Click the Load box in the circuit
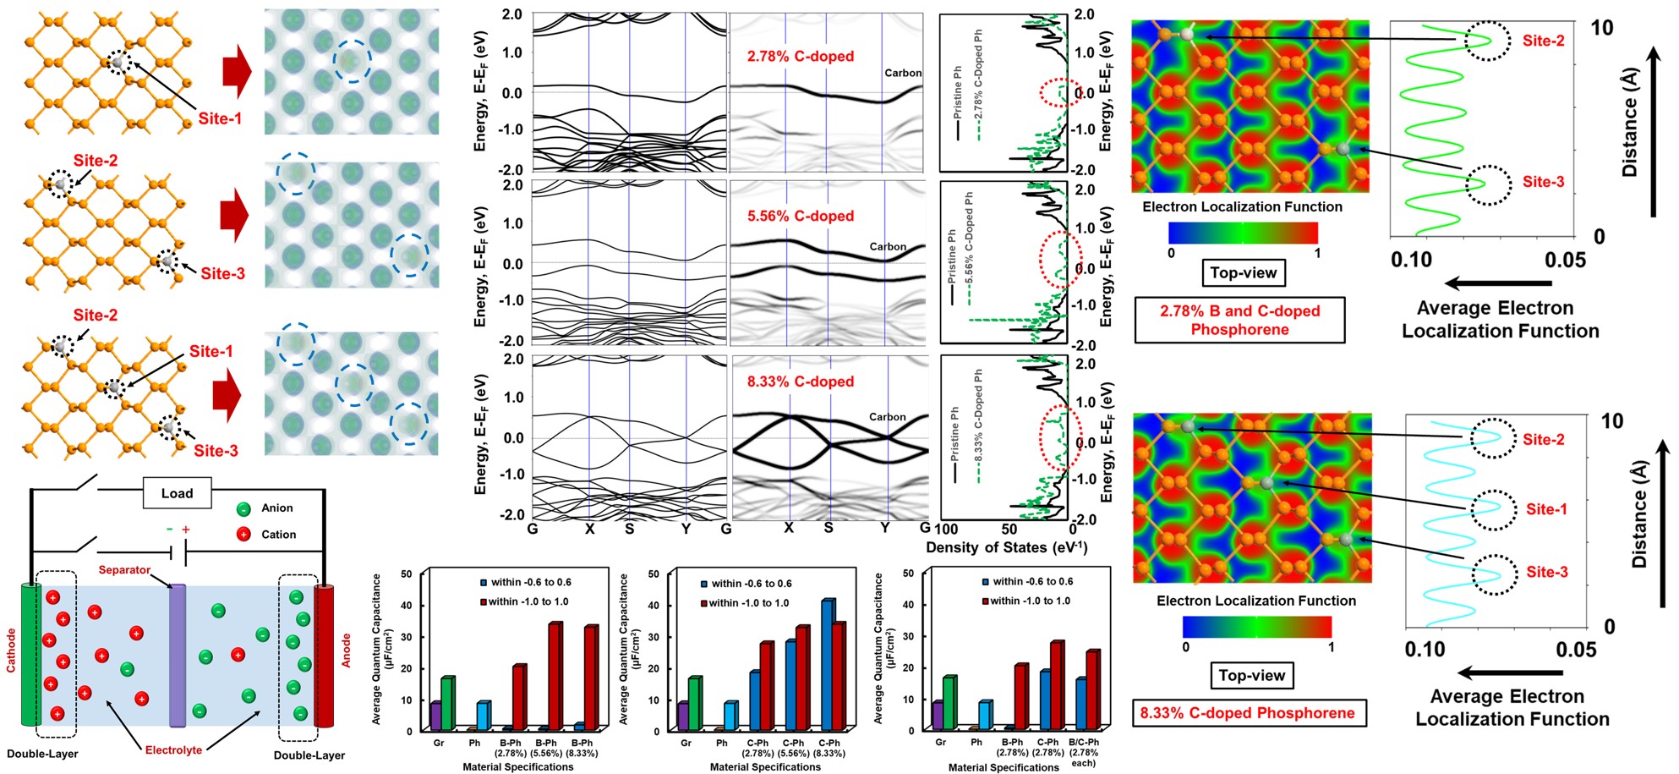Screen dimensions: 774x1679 coord(177,493)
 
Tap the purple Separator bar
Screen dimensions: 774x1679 coord(178,656)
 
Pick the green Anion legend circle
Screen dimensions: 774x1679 coord(243,508)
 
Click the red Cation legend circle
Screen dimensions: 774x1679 coord(243,535)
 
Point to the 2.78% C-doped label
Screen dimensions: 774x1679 coord(800,57)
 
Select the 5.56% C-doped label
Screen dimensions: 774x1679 coord(800,217)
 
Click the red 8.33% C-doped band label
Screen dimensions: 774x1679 coord(800,382)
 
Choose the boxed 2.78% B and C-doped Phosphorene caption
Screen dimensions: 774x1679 coord(1239,320)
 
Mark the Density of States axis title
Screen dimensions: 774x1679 coord(1006,547)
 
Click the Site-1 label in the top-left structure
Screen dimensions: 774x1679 coord(220,118)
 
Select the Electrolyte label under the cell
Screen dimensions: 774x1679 coord(173,750)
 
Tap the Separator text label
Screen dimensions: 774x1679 coord(124,570)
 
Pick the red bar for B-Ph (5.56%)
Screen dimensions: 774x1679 coord(554,677)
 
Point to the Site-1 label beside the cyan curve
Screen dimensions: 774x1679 coord(1546,509)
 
